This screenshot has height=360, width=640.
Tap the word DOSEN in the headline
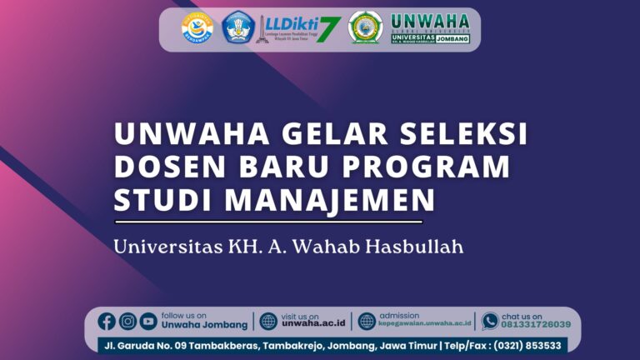[162, 167]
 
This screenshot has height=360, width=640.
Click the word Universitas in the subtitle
[166, 247]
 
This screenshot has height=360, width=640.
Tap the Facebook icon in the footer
[107, 321]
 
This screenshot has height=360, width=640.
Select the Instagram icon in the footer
[127, 321]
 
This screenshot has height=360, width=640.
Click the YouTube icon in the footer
[148, 321]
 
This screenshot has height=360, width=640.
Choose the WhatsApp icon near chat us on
[490, 321]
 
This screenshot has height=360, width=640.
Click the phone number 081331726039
[536, 325]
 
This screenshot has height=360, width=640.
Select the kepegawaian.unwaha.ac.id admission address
[425, 325]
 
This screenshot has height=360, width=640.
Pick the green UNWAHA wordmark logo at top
[430, 28]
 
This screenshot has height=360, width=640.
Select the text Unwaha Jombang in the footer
[204, 325]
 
